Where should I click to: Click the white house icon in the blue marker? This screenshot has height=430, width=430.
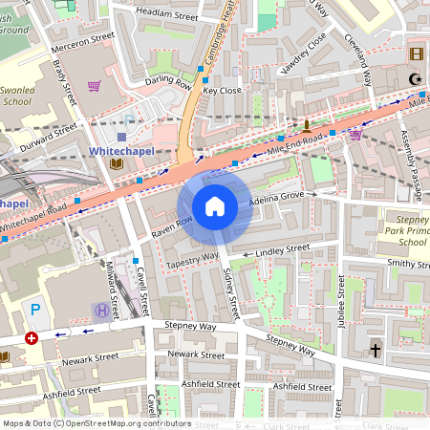[215, 206]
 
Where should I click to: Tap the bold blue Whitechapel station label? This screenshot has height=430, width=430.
[121, 151]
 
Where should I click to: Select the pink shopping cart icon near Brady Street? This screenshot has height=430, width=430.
[94, 86]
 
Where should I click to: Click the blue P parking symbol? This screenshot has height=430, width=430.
[36, 309]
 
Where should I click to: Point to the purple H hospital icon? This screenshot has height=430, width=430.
[101, 309]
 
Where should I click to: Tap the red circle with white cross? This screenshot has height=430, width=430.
[32, 337]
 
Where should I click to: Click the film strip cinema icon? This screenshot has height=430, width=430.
[416, 54]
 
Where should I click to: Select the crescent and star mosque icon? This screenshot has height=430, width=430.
[414, 79]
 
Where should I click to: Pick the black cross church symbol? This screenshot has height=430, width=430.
[375, 351]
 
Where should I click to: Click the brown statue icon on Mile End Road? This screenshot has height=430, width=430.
[306, 125]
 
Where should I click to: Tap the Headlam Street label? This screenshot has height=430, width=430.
[167, 16]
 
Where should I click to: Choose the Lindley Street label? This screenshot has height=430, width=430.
[283, 248]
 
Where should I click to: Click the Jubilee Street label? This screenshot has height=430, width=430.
[341, 302]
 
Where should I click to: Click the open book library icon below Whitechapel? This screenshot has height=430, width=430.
[117, 165]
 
